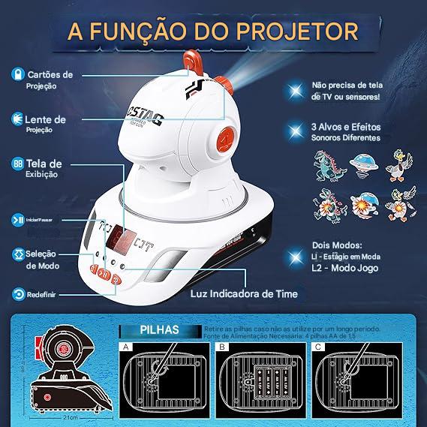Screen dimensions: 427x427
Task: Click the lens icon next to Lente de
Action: pos(16,118)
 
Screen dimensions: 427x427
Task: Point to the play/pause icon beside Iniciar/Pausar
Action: pos(16,219)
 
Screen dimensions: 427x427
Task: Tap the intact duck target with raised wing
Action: pos(399,164)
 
